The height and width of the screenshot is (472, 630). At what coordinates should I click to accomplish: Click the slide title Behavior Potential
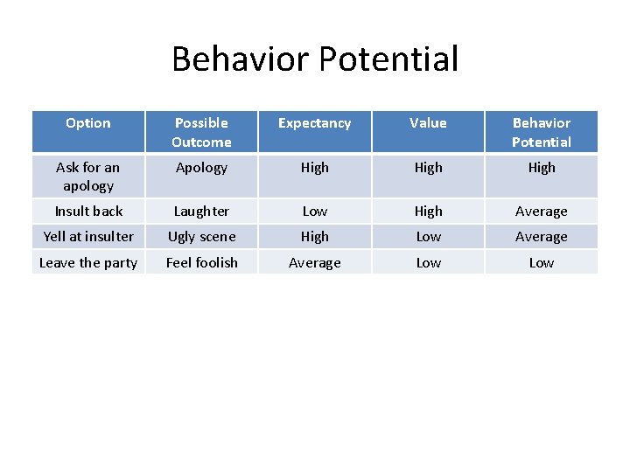pyautogui.click(x=315, y=59)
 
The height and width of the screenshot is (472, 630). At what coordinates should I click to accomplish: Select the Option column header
pyautogui.click(x=88, y=123)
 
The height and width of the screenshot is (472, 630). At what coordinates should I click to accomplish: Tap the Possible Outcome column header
pyautogui.click(x=201, y=132)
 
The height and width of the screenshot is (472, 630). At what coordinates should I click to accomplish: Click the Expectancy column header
pyautogui.click(x=314, y=123)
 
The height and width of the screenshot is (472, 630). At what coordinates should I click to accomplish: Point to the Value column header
pyautogui.click(x=428, y=123)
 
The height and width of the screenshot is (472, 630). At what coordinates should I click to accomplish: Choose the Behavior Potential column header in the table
pyautogui.click(x=541, y=132)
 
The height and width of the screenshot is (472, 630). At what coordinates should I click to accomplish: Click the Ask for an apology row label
pyautogui.click(x=88, y=176)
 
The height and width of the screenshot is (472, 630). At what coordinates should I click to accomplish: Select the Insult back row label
pyautogui.click(x=88, y=211)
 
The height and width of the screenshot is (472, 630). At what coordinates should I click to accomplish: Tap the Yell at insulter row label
pyautogui.click(x=88, y=236)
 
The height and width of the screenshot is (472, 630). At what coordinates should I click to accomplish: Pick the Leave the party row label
pyautogui.click(x=88, y=262)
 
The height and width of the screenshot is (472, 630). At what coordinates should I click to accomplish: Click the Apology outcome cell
pyautogui.click(x=201, y=167)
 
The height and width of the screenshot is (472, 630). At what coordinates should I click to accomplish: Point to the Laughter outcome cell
pyautogui.click(x=201, y=211)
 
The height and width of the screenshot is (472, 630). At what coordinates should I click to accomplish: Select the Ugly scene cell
pyautogui.click(x=201, y=236)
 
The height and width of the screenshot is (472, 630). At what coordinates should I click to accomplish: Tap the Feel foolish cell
pyautogui.click(x=201, y=262)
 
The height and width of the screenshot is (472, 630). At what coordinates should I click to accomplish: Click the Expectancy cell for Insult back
pyautogui.click(x=314, y=211)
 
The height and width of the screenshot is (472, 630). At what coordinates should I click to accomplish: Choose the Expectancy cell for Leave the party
pyautogui.click(x=314, y=262)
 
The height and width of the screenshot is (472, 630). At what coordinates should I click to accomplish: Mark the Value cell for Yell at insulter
pyautogui.click(x=428, y=236)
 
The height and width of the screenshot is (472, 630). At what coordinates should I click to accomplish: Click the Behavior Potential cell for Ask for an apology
pyautogui.click(x=541, y=167)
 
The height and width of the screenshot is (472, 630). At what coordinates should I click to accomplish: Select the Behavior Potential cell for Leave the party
pyautogui.click(x=541, y=262)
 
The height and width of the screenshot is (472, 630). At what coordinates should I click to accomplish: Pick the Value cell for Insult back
pyautogui.click(x=428, y=211)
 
